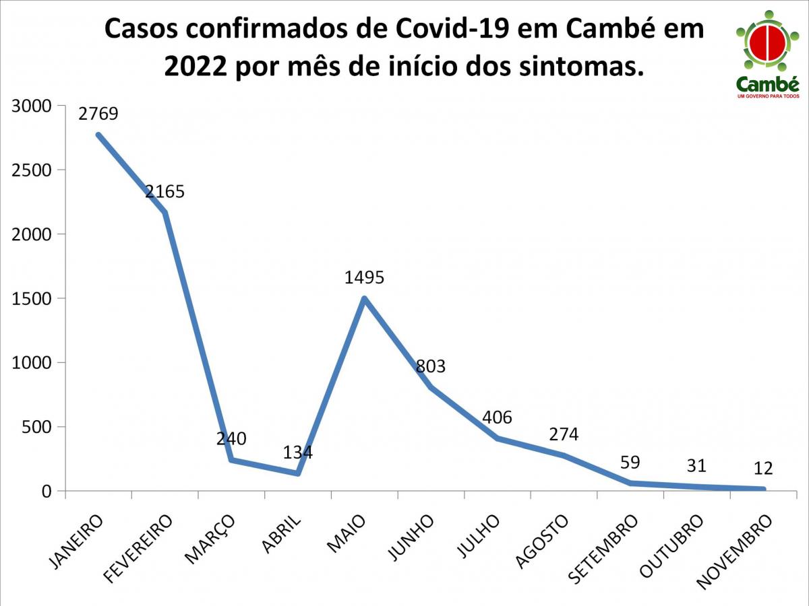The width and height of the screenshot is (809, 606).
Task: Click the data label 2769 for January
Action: [98, 114]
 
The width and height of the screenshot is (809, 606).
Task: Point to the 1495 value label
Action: [364, 277]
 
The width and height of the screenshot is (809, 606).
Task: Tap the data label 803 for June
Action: [431, 366]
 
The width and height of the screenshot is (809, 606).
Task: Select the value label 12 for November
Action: [763, 468]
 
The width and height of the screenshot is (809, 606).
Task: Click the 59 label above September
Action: [630, 462]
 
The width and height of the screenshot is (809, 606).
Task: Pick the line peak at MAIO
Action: [364, 298]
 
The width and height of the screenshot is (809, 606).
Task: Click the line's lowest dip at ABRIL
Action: [297, 473]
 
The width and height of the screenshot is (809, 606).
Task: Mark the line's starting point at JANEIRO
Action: [98, 135]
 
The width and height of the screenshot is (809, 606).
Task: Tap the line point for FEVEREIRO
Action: [165, 213]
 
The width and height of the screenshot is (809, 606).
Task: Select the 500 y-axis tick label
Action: [37, 427]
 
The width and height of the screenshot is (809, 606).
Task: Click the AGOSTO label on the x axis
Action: [541, 542]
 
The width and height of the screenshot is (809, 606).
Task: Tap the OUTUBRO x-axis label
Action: [671, 546]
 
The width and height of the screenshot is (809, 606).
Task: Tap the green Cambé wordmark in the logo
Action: [767, 85]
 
